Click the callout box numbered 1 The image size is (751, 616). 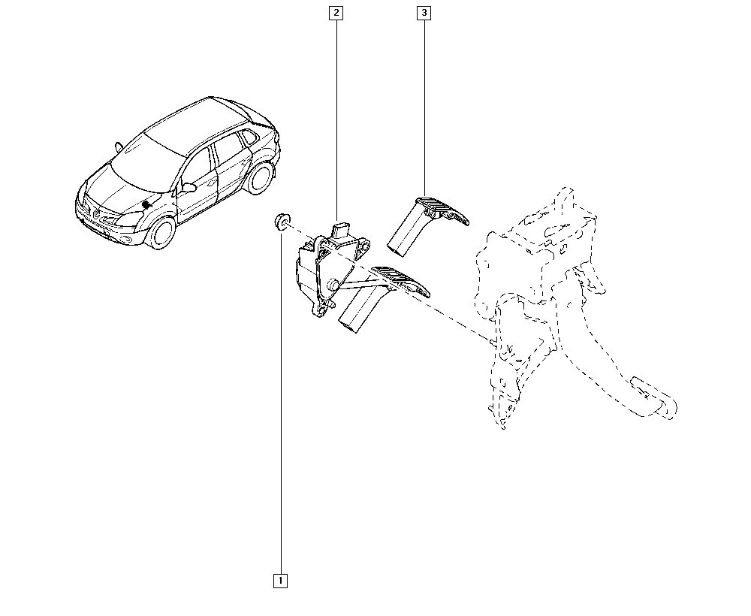280,581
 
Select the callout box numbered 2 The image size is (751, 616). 336,13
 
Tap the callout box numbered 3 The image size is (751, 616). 424,13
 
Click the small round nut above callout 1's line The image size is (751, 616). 281,222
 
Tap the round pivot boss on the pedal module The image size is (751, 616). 331,286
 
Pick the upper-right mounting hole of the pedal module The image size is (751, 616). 366,246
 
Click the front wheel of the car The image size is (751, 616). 161,232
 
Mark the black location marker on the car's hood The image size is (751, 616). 147,204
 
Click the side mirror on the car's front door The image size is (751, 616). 189,187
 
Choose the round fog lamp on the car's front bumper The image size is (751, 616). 126,240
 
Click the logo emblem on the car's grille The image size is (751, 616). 97,214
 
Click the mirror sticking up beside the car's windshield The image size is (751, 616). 118,147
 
